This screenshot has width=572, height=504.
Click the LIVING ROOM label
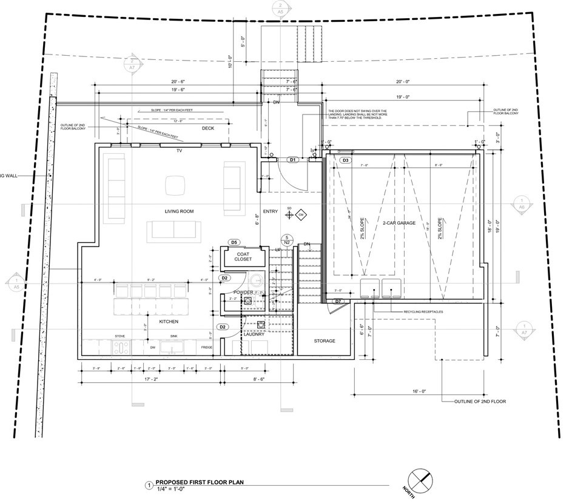[179, 211]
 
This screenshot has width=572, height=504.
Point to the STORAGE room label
[325, 341]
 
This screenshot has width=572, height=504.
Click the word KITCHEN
[168, 322]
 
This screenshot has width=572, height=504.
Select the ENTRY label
[270, 211]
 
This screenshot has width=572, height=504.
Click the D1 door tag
[292, 161]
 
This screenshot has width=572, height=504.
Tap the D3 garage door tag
[345, 161]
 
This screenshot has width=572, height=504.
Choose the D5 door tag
[234, 242]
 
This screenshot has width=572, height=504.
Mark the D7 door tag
[338, 301]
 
